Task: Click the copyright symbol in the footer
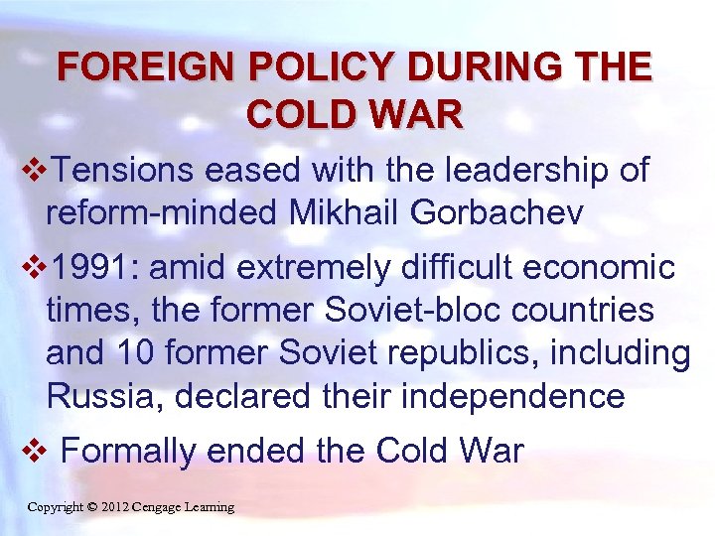click(92, 507)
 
